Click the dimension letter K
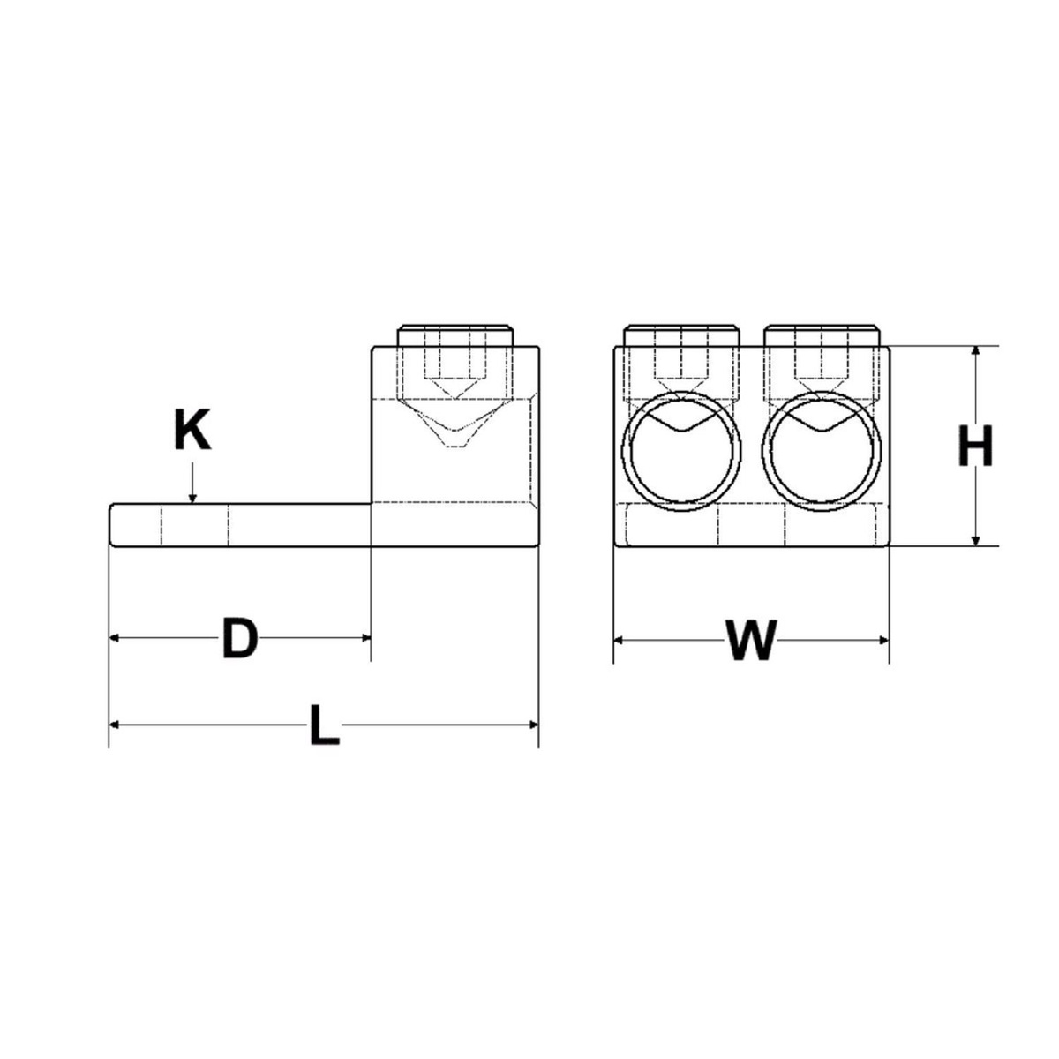pyautogui.click(x=192, y=432)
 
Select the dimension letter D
pyautogui.click(x=238, y=639)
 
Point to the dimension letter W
pyautogui.click(x=750, y=640)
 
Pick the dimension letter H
pyautogui.click(x=975, y=447)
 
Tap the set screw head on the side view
pyautogui.click(x=454, y=336)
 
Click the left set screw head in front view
pyautogui.click(x=680, y=336)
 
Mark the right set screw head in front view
pyautogui.click(x=822, y=336)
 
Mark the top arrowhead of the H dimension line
pyautogui.click(x=975, y=351)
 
